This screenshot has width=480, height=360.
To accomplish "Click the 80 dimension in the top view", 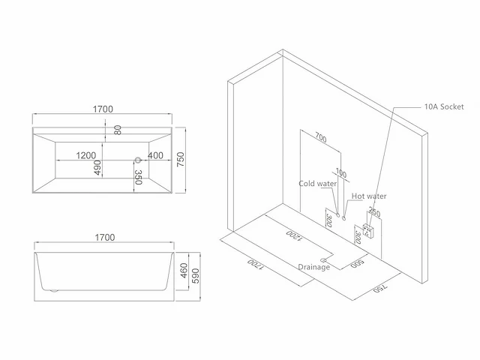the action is coord(118,130).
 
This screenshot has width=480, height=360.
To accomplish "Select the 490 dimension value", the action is coord(97,167).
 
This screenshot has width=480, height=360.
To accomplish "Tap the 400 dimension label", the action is coord(155,155).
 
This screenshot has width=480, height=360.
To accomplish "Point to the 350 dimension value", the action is coord(138,177).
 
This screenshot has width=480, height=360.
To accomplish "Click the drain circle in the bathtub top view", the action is coord(138,160).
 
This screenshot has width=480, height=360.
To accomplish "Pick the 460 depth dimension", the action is coord(184,271).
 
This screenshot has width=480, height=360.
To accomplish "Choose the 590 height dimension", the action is coord(196,276).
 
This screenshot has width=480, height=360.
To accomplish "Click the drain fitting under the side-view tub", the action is coord(54,290).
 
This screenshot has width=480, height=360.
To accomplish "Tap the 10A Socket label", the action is coord(444,106).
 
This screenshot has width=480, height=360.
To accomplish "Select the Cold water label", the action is coord(317,184).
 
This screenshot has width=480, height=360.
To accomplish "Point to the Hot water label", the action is coord(369,196).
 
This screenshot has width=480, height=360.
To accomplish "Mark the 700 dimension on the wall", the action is coord(321,138).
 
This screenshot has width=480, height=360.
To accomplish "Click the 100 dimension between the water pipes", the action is coord(341,173).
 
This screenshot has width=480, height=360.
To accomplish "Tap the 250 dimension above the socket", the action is coord(374,212).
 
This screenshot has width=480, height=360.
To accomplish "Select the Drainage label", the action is coord(314,267).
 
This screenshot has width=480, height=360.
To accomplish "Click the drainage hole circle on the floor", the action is coord(323,260).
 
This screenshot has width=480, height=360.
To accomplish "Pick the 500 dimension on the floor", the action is coord(357,263).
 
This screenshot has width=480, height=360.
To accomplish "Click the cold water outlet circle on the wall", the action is coord(338,215).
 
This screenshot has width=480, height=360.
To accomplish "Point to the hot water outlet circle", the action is coord(343,218).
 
